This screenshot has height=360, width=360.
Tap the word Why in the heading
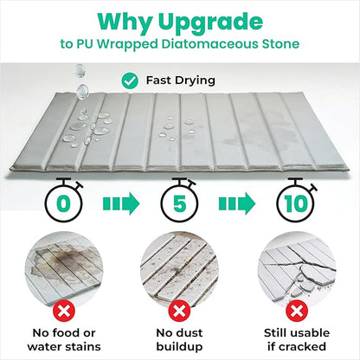[125, 22]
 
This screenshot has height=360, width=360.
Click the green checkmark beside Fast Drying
[130, 80]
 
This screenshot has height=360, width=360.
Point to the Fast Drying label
[181, 80]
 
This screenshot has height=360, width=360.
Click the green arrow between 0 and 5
[121, 203]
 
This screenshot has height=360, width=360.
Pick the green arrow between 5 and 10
[237, 203]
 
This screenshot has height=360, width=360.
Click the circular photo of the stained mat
[64, 271]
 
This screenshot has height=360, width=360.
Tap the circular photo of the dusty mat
[179, 271]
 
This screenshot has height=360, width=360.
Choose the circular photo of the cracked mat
[297, 271]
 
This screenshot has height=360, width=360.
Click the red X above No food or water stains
[64, 311]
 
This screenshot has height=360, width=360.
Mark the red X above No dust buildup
[179, 311]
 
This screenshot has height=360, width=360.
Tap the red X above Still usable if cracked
[297, 311]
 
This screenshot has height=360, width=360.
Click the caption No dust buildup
[179, 339]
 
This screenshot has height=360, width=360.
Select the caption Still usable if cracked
[297, 339]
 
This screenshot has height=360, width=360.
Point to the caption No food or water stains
[64, 339]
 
